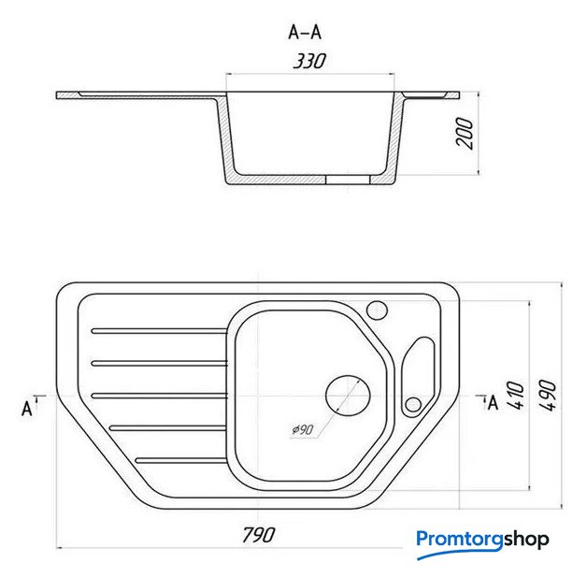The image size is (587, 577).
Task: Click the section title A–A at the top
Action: pyautogui.click(x=305, y=33)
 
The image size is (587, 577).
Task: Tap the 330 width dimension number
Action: pyautogui.click(x=309, y=61)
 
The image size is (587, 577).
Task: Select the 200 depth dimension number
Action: pyautogui.click(x=465, y=134)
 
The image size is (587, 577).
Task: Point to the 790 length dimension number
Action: pyautogui.click(x=259, y=535)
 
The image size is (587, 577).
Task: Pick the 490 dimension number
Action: pyautogui.click(x=548, y=396)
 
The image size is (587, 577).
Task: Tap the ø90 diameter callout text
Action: pyautogui.click(x=303, y=429)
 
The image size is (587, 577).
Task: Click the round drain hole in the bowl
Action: pyautogui.click(x=348, y=396)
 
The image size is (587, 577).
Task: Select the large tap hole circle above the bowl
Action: pyautogui.click(x=377, y=310)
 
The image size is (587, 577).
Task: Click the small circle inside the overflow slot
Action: pyautogui.click(x=413, y=404)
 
